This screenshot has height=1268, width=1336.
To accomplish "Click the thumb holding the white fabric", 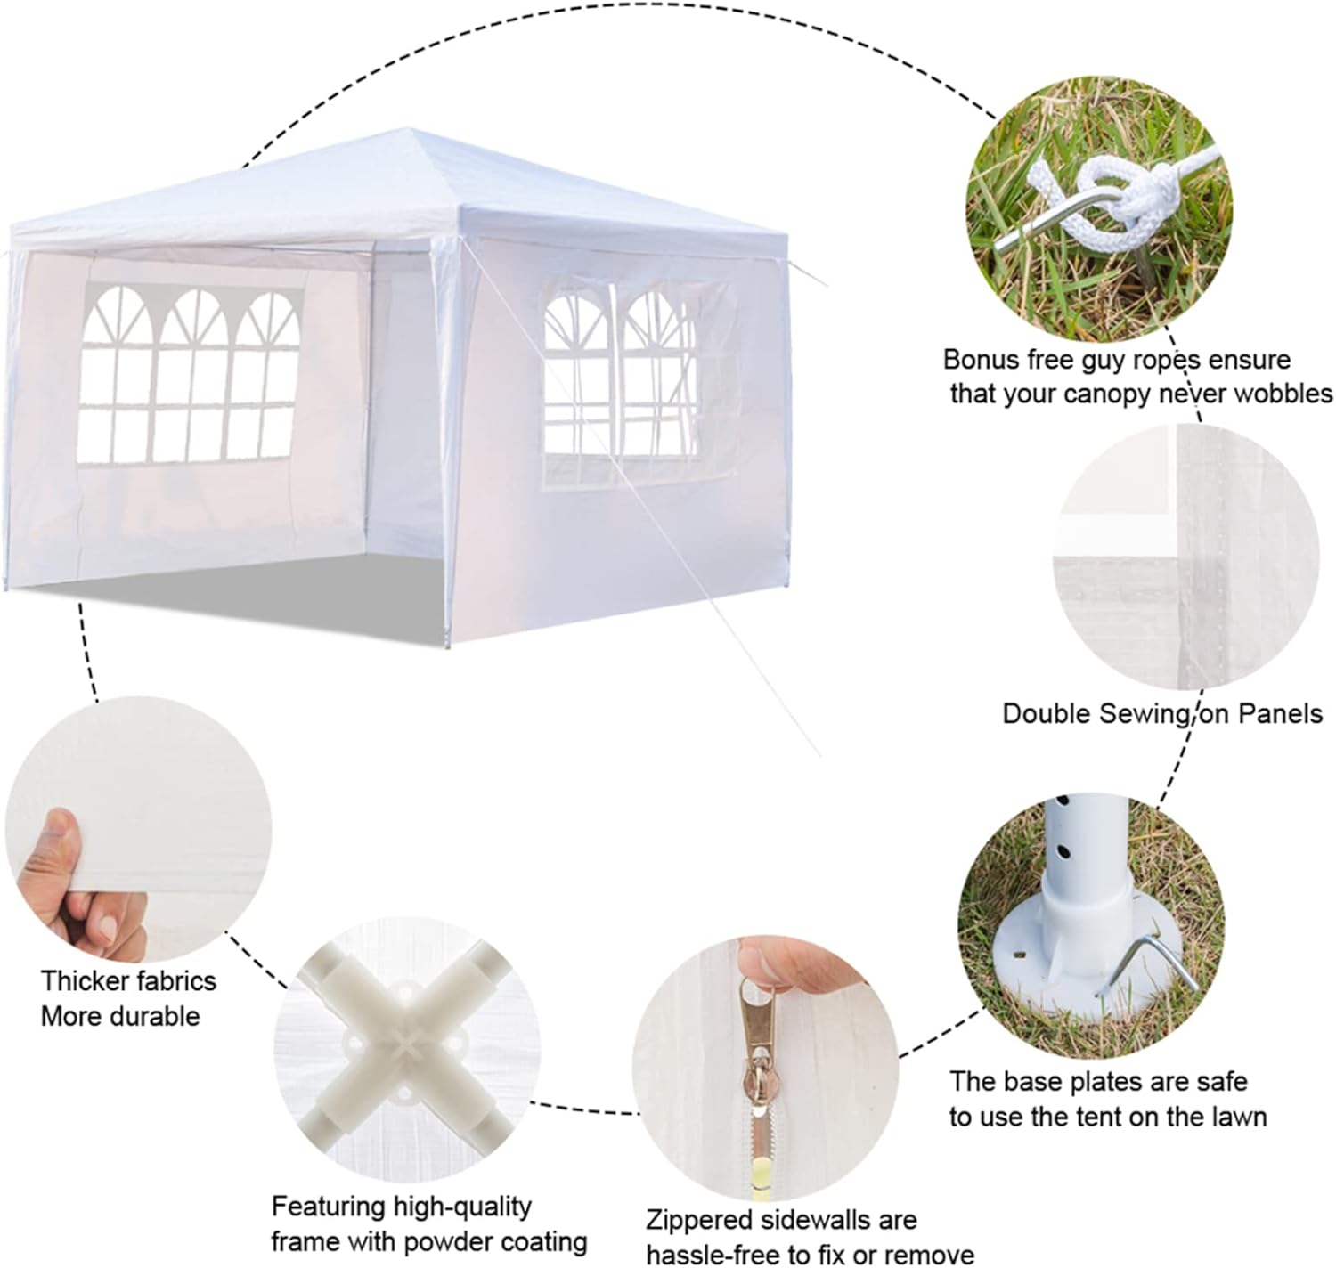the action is [51, 845].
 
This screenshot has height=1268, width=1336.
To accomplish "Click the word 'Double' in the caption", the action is [1047, 713].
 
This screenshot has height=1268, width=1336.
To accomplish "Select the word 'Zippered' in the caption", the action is [698, 1219].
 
